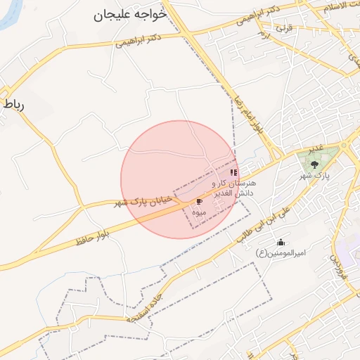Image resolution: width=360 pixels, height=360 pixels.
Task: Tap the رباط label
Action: coord(13,105)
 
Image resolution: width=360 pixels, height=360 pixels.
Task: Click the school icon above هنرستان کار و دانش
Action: coord(233,172)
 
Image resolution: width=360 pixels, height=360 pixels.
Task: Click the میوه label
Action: coord(200,210)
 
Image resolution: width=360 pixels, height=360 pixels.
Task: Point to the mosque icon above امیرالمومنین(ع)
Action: coord(282,243)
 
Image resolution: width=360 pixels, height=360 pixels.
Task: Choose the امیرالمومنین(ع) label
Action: coord(281,253)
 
